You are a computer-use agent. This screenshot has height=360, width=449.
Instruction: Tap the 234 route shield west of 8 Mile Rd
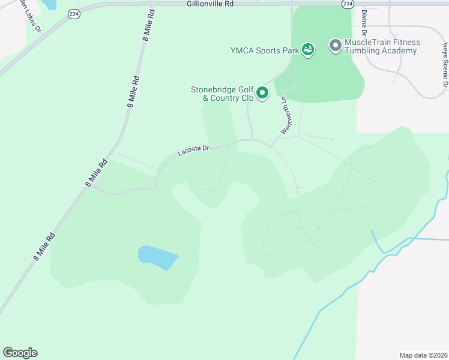point(74,14)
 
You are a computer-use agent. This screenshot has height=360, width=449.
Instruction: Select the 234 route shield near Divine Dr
point(348,4)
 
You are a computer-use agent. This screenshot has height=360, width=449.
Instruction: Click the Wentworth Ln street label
point(287,114)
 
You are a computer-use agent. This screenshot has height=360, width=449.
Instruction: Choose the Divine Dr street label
point(364,23)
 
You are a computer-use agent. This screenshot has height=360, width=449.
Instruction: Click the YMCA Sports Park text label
point(265,50)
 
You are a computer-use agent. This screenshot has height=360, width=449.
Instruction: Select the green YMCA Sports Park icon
point(308,50)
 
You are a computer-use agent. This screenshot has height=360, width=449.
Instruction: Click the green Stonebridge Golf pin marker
point(262,93)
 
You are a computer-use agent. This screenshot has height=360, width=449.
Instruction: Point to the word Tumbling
point(364,51)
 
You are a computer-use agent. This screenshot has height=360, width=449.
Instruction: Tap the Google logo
point(20,353)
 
